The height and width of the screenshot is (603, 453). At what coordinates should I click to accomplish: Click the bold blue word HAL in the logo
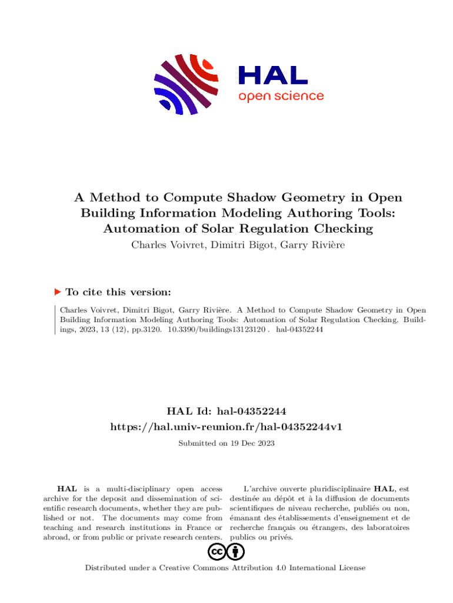(x=273, y=75)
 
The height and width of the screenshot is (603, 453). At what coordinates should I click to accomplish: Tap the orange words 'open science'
(x=281, y=96)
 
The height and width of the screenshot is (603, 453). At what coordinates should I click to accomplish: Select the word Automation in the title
(x=137, y=228)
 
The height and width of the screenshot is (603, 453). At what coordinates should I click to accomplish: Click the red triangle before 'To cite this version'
(x=58, y=291)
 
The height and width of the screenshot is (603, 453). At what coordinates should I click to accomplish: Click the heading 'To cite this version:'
(x=118, y=292)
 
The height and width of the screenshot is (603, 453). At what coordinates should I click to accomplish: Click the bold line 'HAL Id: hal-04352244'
(x=226, y=410)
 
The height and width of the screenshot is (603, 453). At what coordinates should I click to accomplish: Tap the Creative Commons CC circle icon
(x=216, y=552)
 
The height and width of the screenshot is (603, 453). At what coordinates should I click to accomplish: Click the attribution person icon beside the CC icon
(x=236, y=552)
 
